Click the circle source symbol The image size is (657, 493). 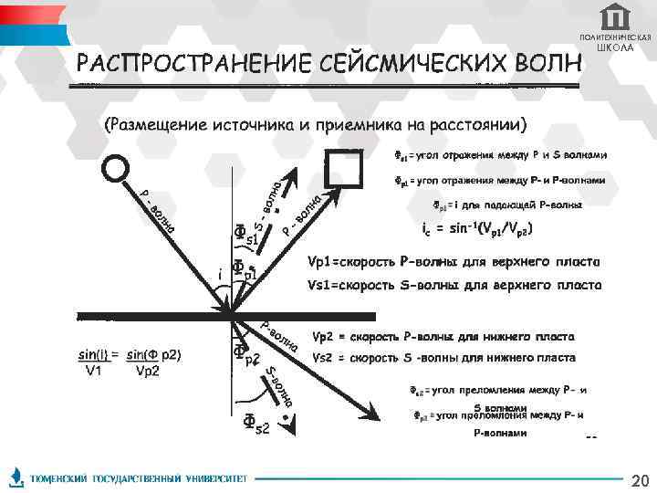[116, 169]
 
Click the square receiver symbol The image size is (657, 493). [345, 168]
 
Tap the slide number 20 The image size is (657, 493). [640, 480]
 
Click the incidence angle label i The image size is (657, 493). [219, 273]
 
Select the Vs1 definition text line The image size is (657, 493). [454, 285]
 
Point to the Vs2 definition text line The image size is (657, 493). [443, 357]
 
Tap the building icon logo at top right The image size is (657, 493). [614, 17]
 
